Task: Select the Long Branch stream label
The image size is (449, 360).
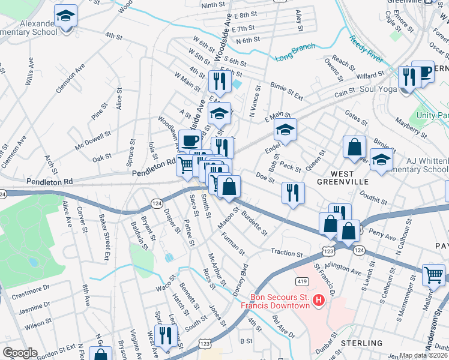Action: [295, 55]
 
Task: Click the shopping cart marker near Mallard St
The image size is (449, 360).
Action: [433, 275]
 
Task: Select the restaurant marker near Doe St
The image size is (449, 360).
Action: [292, 193]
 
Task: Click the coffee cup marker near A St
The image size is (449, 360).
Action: [190, 141]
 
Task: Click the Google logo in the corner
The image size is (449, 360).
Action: [19, 353]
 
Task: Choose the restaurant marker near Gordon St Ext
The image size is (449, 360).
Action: [163, 335]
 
